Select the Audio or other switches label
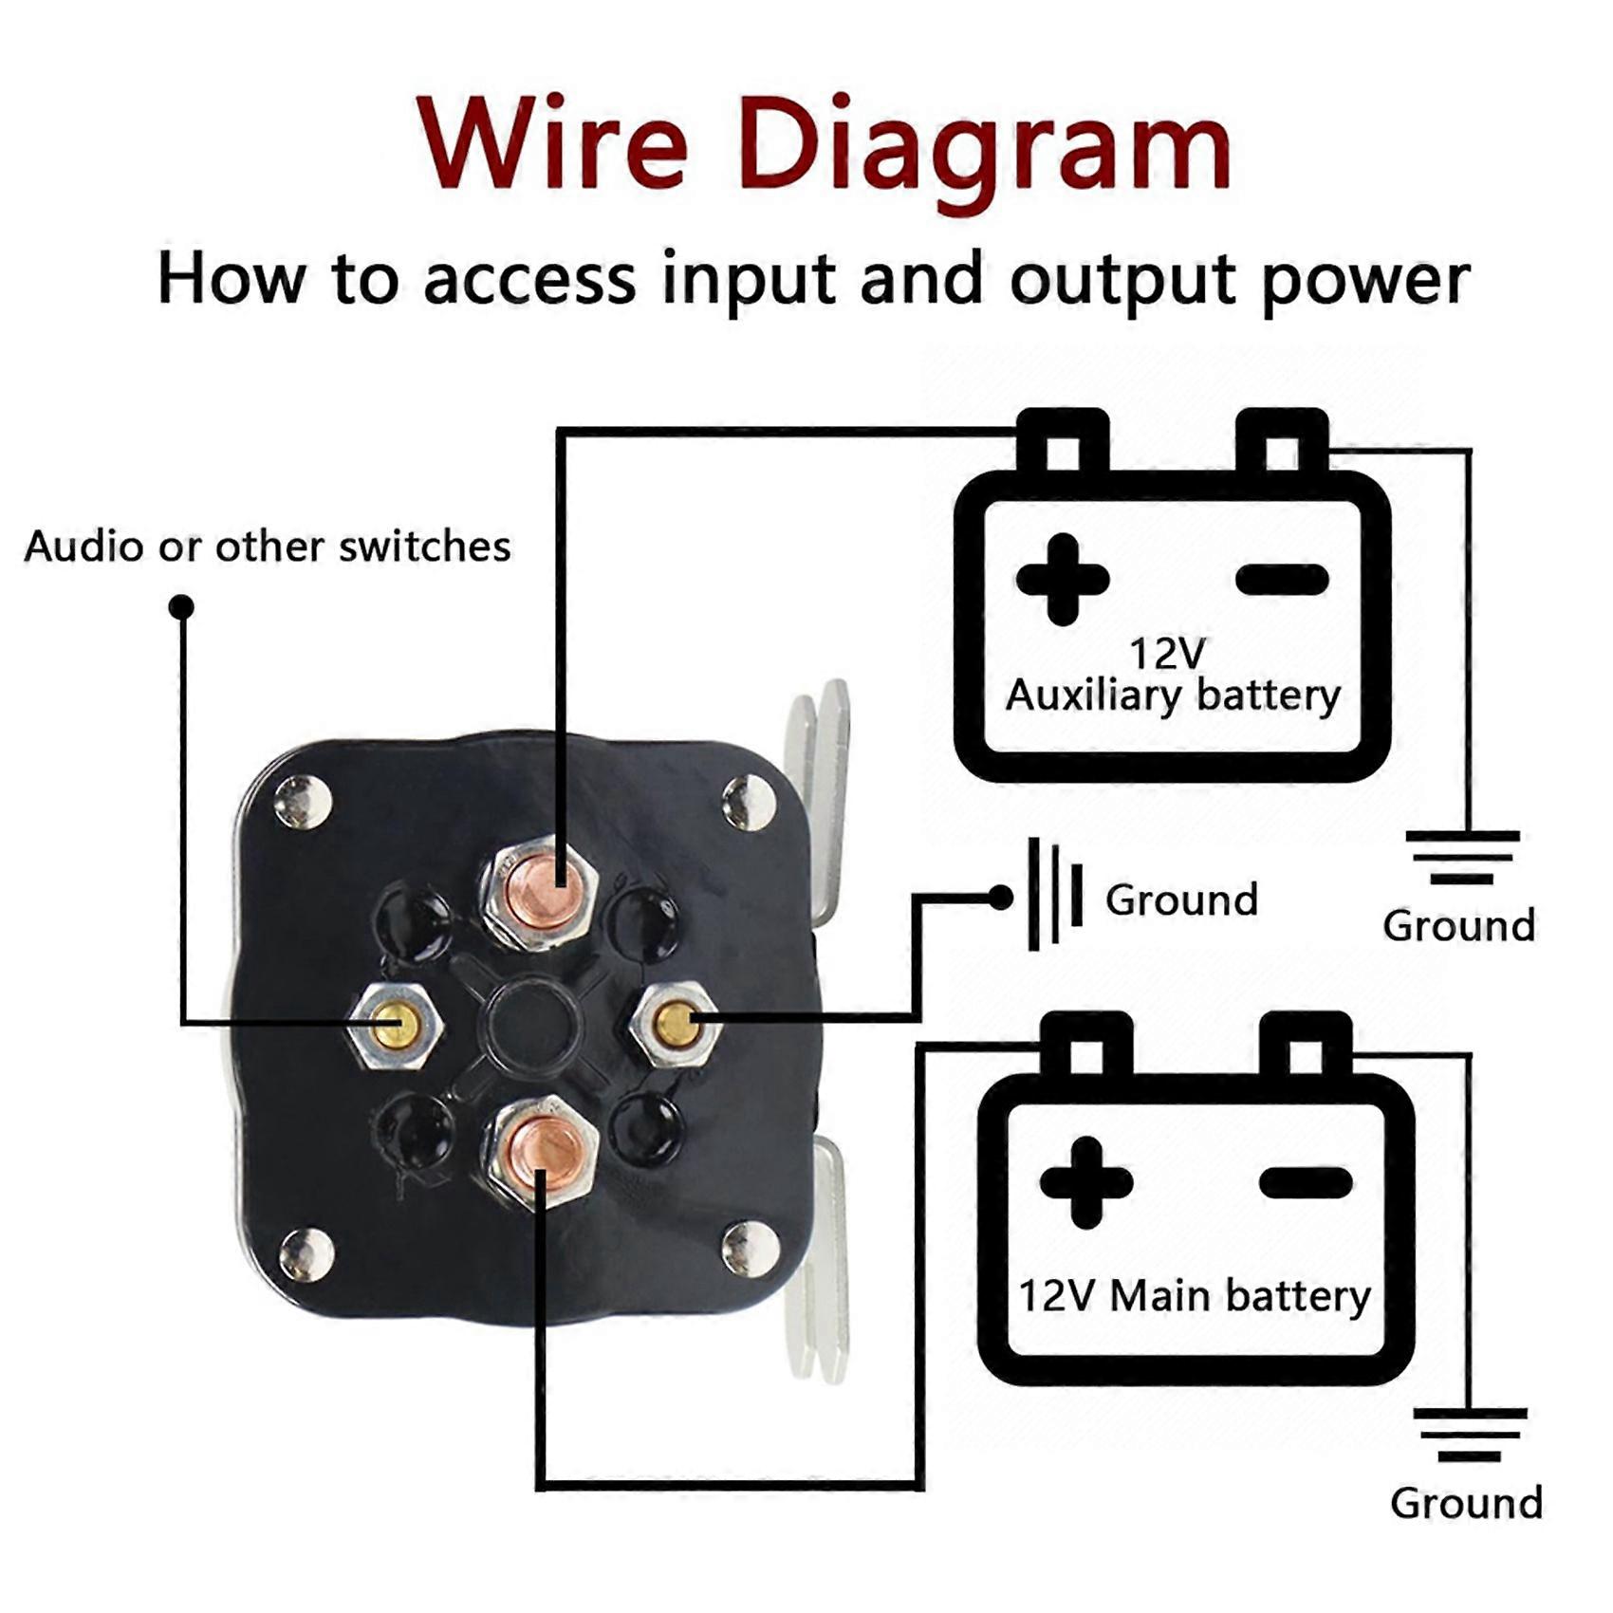[x=268, y=547]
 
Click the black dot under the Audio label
[x=181, y=606]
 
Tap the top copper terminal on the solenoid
[x=538, y=891]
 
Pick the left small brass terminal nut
[x=392, y=1025]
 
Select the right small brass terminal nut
[x=676, y=1022]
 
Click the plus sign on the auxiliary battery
[x=1062, y=579]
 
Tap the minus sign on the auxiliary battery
[x=1282, y=579]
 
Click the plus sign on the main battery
[x=1086, y=1182]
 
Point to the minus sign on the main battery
[x=1306, y=1182]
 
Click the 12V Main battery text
[x=1194, y=1296]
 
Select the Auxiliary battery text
[x=1173, y=695]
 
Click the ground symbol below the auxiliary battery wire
[x=1462, y=856]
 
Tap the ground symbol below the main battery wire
[x=1469, y=1434]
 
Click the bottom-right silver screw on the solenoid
[x=750, y=1248]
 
